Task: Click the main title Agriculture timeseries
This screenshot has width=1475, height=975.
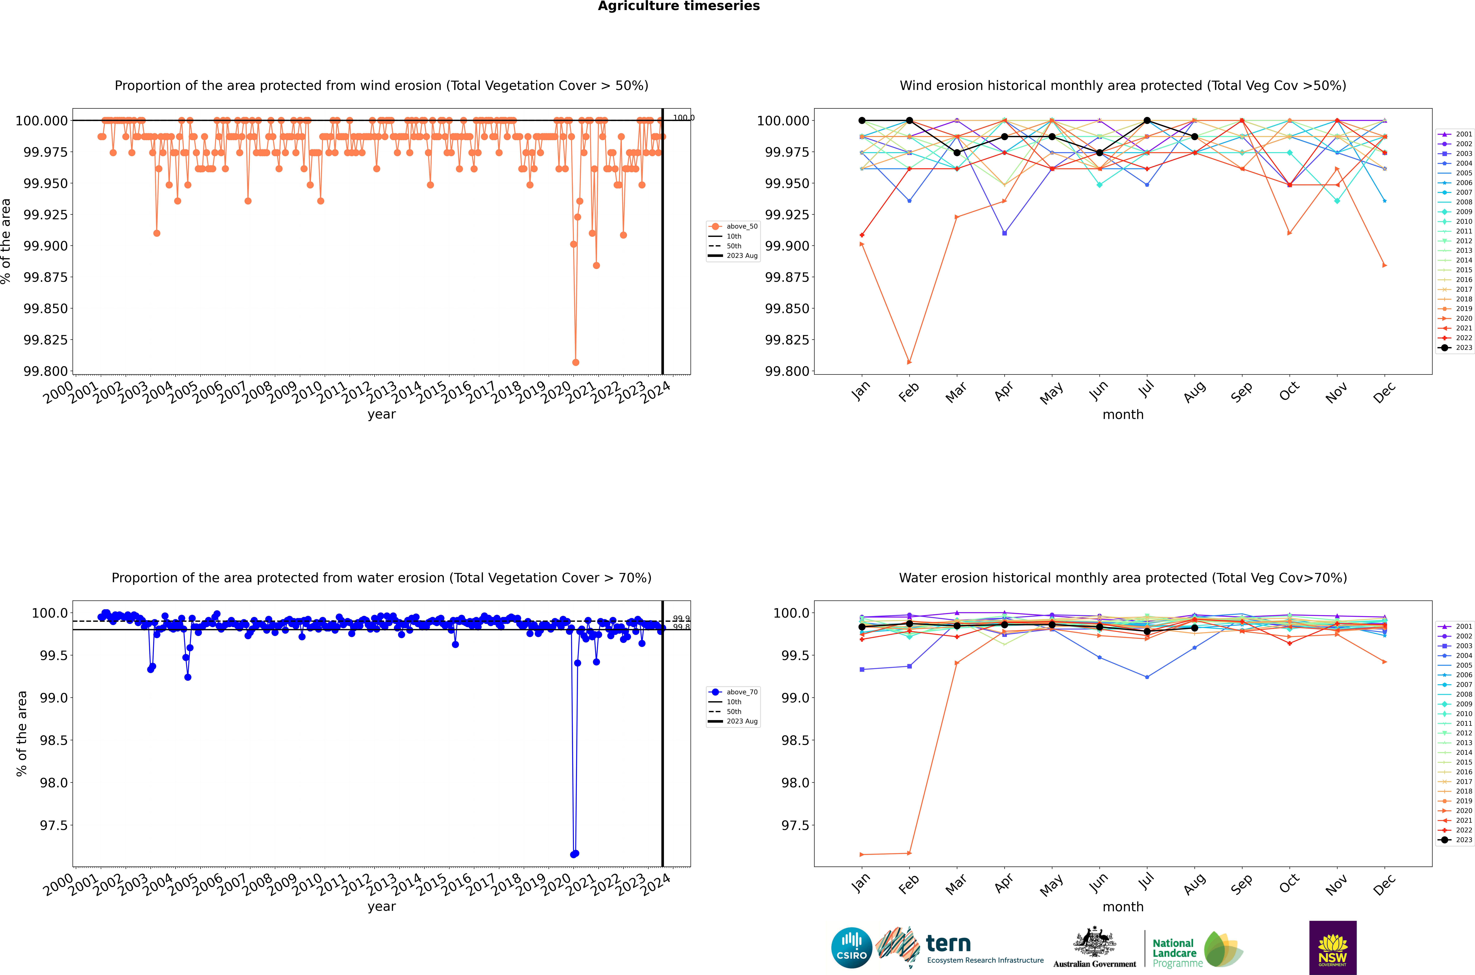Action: click(x=679, y=6)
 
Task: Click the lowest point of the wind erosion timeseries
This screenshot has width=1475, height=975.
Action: click(x=576, y=362)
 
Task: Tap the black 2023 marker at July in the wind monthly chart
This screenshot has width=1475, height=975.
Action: click(x=1147, y=121)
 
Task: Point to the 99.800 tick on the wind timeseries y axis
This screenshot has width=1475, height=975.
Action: click(x=45, y=371)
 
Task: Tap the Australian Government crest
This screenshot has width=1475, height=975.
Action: click(x=1094, y=942)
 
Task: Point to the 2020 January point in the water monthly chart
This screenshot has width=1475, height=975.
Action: click(x=861, y=854)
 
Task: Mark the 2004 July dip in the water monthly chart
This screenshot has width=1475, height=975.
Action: click(x=1147, y=677)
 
